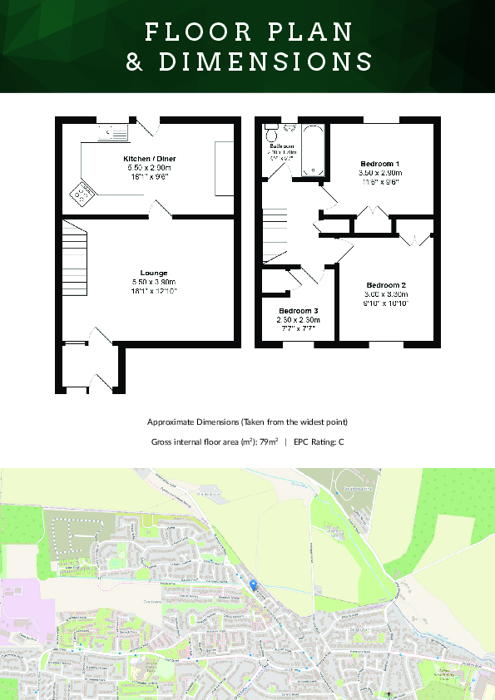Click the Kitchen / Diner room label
click(x=150, y=158)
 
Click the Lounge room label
click(x=154, y=273)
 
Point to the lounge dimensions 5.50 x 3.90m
click(x=154, y=282)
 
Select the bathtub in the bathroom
click(x=313, y=150)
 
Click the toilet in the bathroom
click(x=272, y=133)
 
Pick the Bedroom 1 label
click(x=379, y=163)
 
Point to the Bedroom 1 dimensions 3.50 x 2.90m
click(x=379, y=172)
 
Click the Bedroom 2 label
click(x=386, y=285)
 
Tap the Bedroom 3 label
click(x=299, y=310)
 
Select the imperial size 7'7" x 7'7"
click(x=299, y=328)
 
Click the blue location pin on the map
click(x=253, y=584)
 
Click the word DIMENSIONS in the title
click(x=249, y=62)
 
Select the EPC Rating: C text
click(x=319, y=441)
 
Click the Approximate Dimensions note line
click(x=247, y=421)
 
